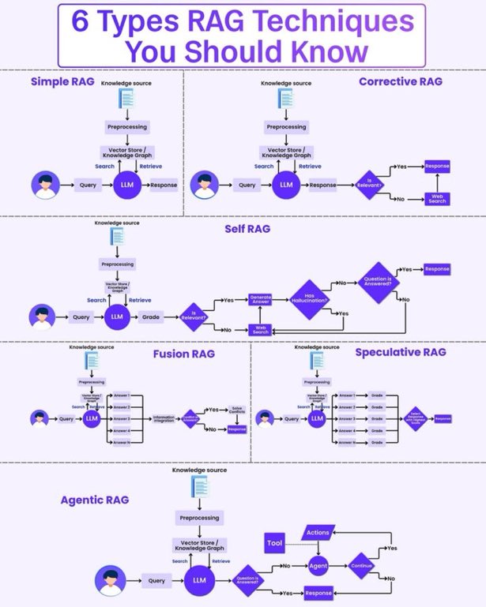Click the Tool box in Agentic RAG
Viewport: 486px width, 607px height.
274,543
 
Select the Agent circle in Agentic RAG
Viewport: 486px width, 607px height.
318,566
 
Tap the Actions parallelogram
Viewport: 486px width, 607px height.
317,533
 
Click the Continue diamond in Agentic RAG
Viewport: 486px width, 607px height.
360,566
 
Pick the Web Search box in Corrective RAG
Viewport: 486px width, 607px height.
437,198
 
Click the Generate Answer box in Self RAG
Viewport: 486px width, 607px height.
260,299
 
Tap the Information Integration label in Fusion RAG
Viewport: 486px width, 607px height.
164,418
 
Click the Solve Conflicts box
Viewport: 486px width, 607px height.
237,410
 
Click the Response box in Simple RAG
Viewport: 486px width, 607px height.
164,185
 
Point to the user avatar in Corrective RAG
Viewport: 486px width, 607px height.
205,185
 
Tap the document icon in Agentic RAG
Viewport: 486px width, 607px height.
199,488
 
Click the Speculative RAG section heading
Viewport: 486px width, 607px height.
401,352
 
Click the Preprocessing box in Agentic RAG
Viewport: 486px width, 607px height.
199,518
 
